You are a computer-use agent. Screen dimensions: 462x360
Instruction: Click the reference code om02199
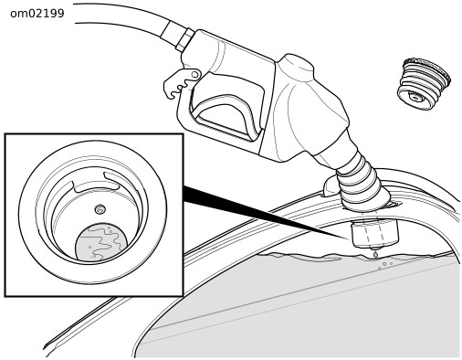coord(37,14)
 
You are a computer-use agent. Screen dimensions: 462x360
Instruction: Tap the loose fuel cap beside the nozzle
coord(424,83)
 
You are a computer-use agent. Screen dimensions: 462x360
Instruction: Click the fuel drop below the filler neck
coord(375,254)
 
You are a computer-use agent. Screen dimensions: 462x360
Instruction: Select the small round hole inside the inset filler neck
coord(100,209)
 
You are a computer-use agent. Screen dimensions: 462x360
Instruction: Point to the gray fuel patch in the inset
coord(101,242)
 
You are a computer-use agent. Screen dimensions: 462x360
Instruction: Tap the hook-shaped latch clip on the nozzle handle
coord(182,83)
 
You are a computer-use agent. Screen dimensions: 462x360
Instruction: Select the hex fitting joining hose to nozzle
coord(184,39)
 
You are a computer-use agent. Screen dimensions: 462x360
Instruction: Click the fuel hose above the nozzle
coord(128,19)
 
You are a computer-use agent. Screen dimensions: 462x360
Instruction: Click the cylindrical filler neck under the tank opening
coord(374,234)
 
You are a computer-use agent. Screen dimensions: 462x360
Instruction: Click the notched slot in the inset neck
coord(95,184)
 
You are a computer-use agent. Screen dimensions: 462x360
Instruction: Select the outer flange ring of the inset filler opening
coord(93,212)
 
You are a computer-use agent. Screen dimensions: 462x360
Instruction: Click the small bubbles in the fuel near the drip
coord(385,265)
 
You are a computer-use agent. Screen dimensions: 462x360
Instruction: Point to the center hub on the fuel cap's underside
coord(415,98)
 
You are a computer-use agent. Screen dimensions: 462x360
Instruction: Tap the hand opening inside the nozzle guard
coord(225,115)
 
